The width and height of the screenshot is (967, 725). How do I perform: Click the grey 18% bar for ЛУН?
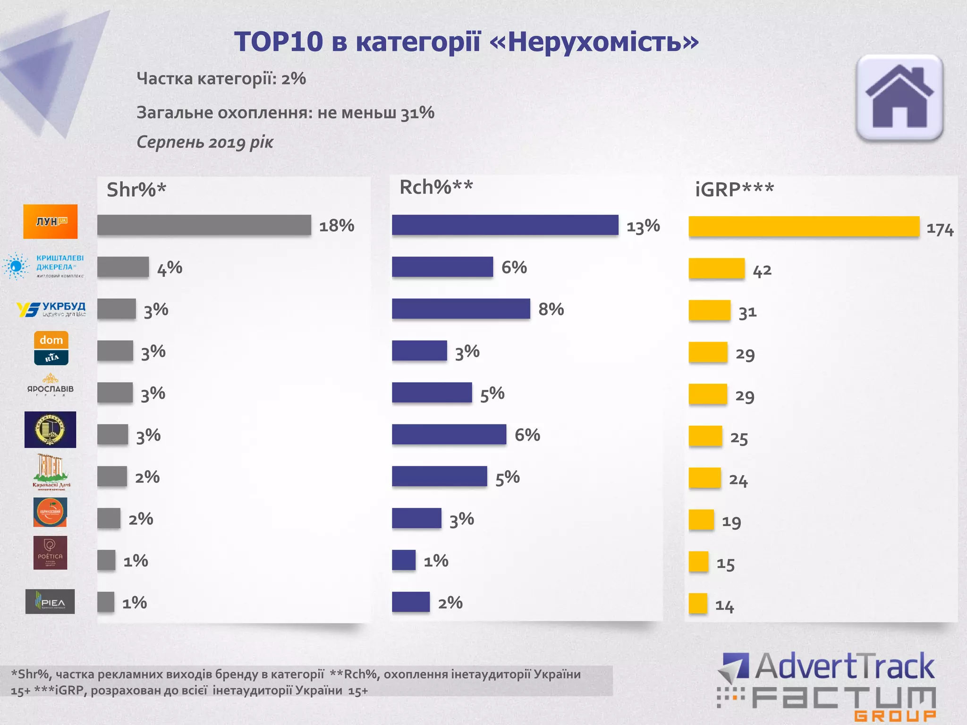pos(204,225)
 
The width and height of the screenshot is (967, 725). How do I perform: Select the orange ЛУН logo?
pos(51,221)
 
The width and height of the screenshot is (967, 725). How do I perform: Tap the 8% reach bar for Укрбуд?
pos(461,309)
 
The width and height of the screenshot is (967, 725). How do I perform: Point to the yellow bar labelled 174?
pos(804,227)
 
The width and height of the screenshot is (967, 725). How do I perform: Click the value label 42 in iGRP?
pos(762,271)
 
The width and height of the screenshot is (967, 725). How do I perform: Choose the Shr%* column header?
pos(136,190)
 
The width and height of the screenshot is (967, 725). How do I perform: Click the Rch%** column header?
pos(436,187)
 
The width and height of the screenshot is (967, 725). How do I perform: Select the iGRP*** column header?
pos(734,190)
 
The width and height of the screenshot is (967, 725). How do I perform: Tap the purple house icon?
pos(899,98)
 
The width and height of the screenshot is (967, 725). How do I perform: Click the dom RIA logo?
pos(51,348)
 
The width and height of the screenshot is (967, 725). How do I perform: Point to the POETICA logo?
pos(51,553)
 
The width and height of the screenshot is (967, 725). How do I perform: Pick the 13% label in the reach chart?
pos(643,226)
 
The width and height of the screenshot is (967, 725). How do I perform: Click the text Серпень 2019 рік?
pos(205,142)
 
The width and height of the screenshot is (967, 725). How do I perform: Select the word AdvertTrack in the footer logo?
pos(844,667)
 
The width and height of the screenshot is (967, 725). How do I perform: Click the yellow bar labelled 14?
pos(698,603)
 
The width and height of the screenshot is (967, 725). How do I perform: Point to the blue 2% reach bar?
pos(411,602)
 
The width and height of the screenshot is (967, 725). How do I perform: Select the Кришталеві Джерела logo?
pos(44,266)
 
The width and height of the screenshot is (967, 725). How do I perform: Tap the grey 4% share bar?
pos(123,267)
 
